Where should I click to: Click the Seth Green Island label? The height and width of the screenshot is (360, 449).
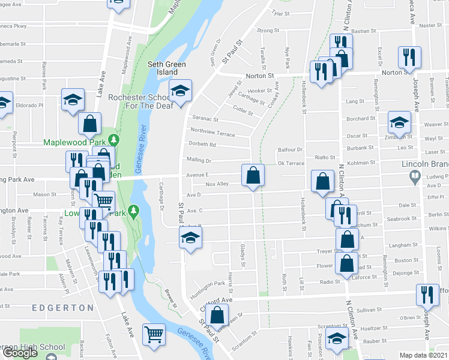[x=167, y=68]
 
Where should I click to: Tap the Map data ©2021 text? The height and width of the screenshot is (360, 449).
[x=424, y=355]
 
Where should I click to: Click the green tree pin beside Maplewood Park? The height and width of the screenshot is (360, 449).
[x=118, y=140]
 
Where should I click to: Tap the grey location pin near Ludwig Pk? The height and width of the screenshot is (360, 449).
[x=414, y=177]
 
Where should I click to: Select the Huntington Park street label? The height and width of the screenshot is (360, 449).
[x=208, y=283]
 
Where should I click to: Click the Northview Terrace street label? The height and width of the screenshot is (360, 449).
[x=212, y=131]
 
